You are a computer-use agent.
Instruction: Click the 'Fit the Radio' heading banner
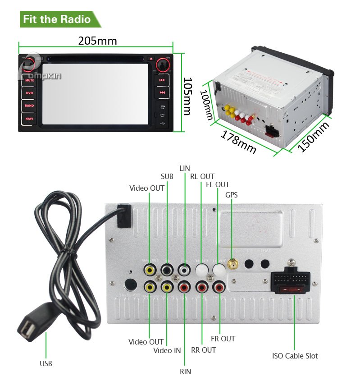pos(57,19)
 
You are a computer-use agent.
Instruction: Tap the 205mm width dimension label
pos(97,41)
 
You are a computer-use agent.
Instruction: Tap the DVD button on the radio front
pos(29,93)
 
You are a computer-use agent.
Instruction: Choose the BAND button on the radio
pos(29,106)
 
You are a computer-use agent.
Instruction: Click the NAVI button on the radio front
pos(29,119)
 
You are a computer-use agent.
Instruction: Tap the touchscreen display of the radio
pos(96,94)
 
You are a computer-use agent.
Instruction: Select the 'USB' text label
pos(46,363)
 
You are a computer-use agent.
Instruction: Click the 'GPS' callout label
pos(232,195)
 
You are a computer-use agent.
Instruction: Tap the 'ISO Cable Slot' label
pos(295,356)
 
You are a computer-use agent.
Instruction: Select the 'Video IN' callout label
pos(167,350)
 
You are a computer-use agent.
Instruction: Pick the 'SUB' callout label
pos(167,176)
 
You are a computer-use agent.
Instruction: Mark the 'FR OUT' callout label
pos(223,339)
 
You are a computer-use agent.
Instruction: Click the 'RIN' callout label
pos(185,372)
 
